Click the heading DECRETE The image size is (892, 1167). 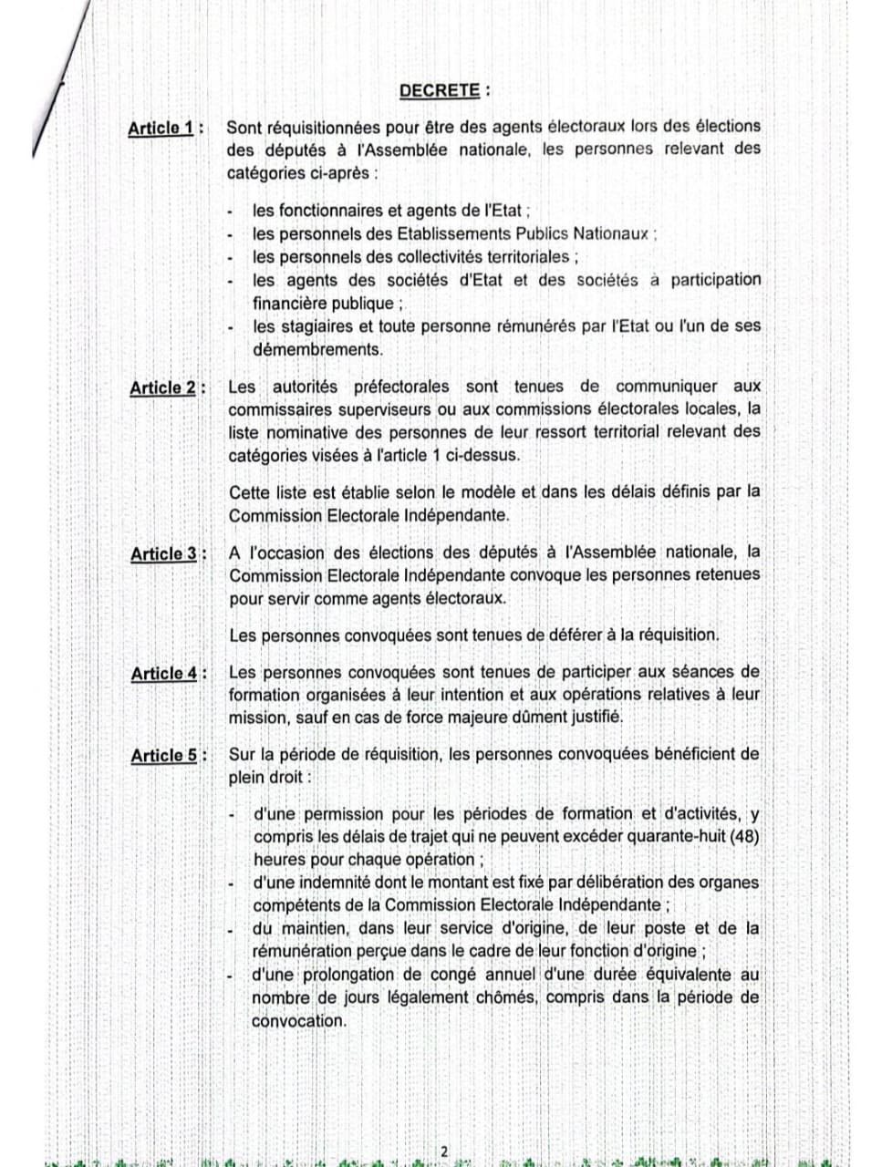pos(439,90)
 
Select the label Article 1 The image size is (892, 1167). pos(161,128)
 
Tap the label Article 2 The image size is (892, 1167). pos(162,387)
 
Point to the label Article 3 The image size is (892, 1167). pos(163,553)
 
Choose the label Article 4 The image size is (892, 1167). pos(164,674)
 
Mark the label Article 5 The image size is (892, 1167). pos(164,755)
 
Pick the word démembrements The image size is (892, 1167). pos(316,348)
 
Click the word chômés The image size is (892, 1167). pos(507,997)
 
